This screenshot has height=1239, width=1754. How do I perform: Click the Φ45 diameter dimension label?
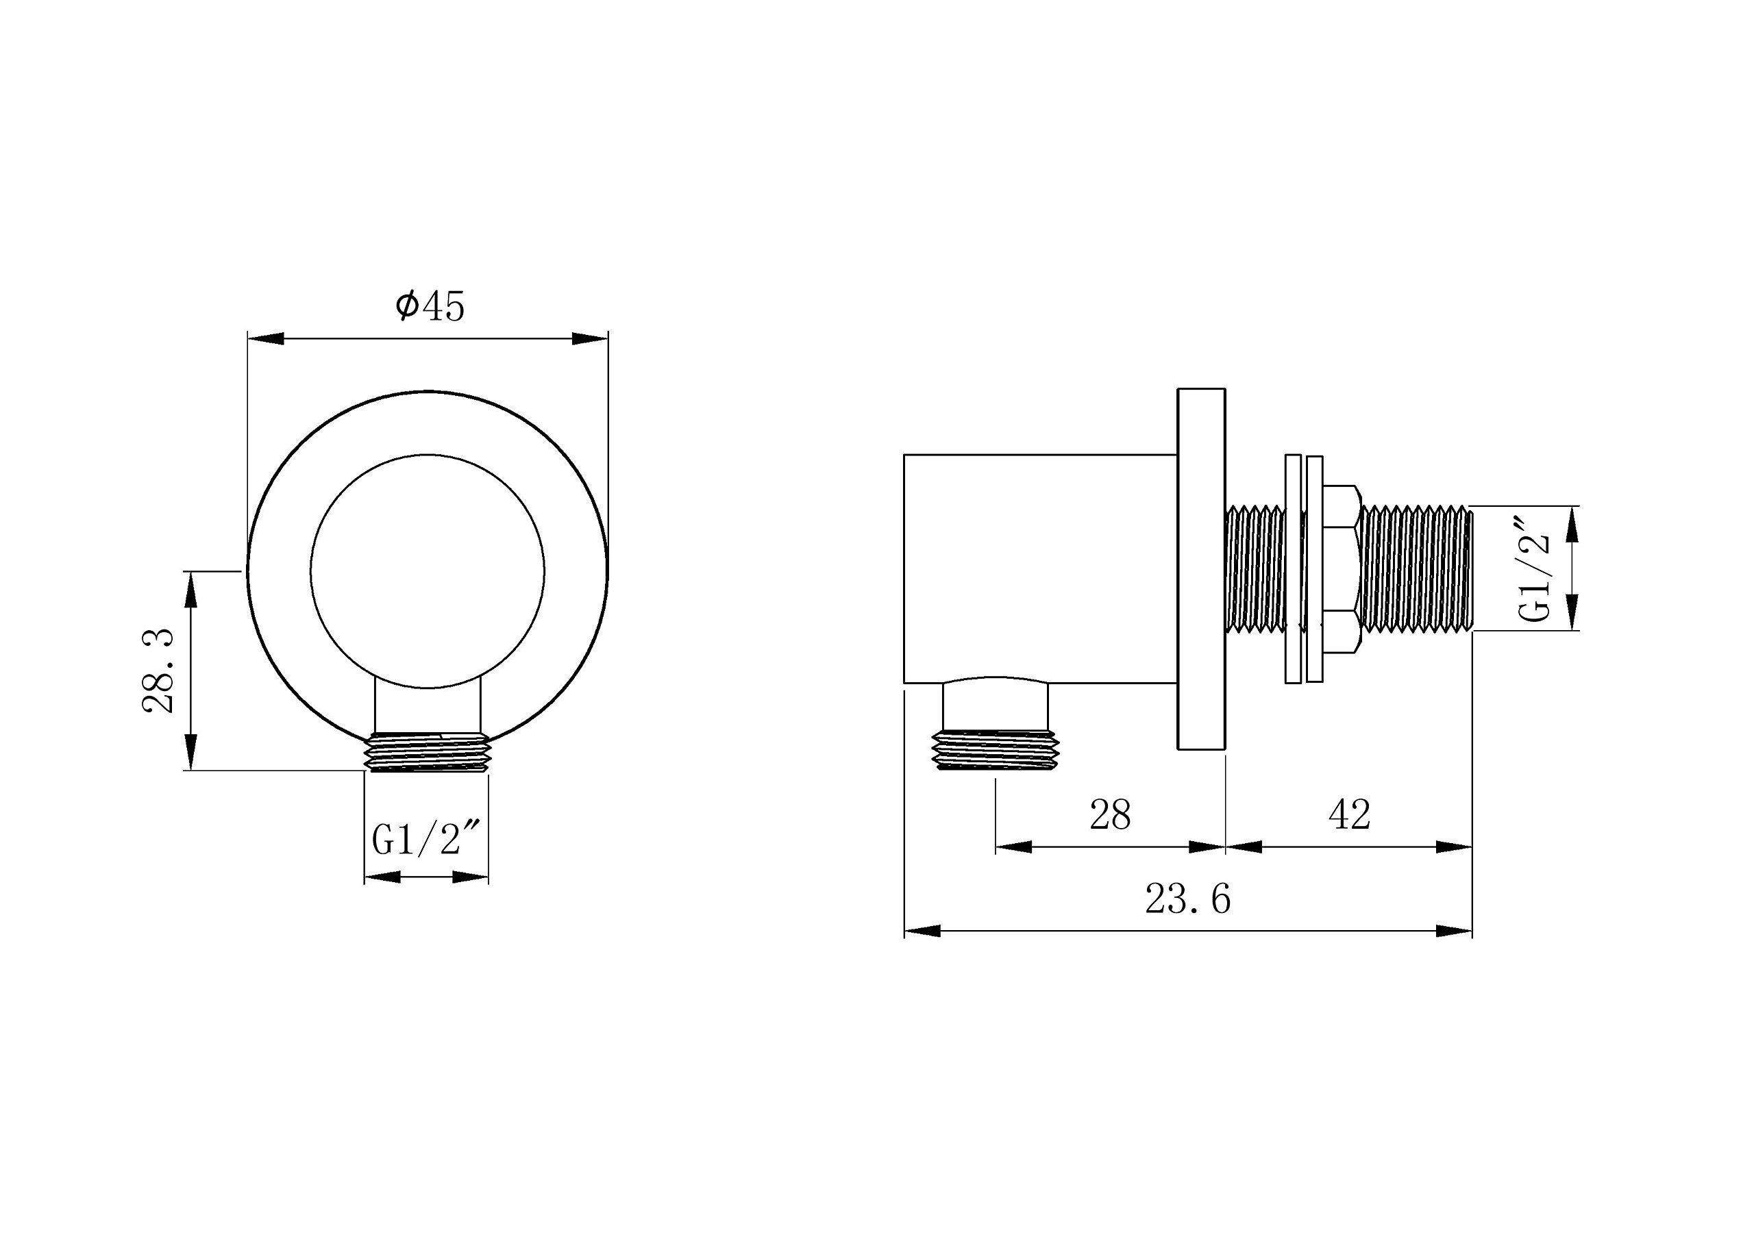point(430,306)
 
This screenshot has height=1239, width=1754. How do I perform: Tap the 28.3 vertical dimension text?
point(160,671)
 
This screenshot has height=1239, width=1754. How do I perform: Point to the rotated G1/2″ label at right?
point(1535,568)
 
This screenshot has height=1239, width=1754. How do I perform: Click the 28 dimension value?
point(1110,814)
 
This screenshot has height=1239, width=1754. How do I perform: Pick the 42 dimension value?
point(1350,814)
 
